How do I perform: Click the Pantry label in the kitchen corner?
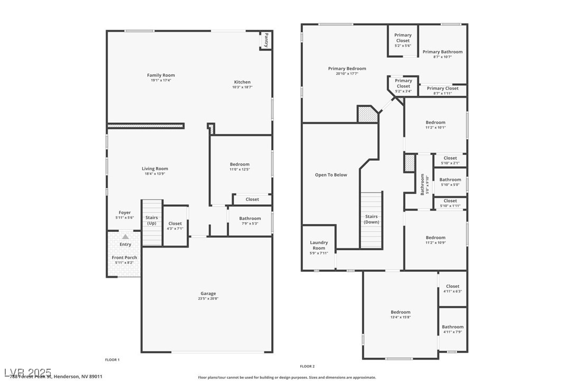pyautogui.click(x=266, y=40)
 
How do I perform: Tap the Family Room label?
pyautogui.click(x=161, y=75)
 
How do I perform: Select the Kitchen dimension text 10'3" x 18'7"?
pyautogui.click(x=242, y=87)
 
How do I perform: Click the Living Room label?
pyautogui.click(x=154, y=169)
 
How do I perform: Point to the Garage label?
pyautogui.click(x=208, y=294)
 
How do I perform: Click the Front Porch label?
pyautogui.click(x=124, y=258)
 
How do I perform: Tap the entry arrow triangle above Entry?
pyautogui.click(x=125, y=236)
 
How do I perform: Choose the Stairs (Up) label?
pyautogui.click(x=152, y=220)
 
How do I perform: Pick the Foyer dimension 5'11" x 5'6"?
pyautogui.click(x=124, y=218)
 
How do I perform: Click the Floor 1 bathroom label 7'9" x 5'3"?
pyautogui.click(x=249, y=223)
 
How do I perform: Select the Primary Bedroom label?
pyautogui.click(x=347, y=68)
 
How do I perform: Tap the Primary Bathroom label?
pyautogui.click(x=442, y=52)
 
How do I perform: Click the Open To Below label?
pyautogui.click(x=331, y=175)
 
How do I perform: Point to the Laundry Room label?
pyautogui.click(x=319, y=245)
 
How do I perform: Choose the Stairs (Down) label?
pyautogui.click(x=371, y=219)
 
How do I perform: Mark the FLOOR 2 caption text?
pyautogui.click(x=307, y=366)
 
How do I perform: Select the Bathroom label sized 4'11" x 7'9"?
pyautogui.click(x=452, y=327)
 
